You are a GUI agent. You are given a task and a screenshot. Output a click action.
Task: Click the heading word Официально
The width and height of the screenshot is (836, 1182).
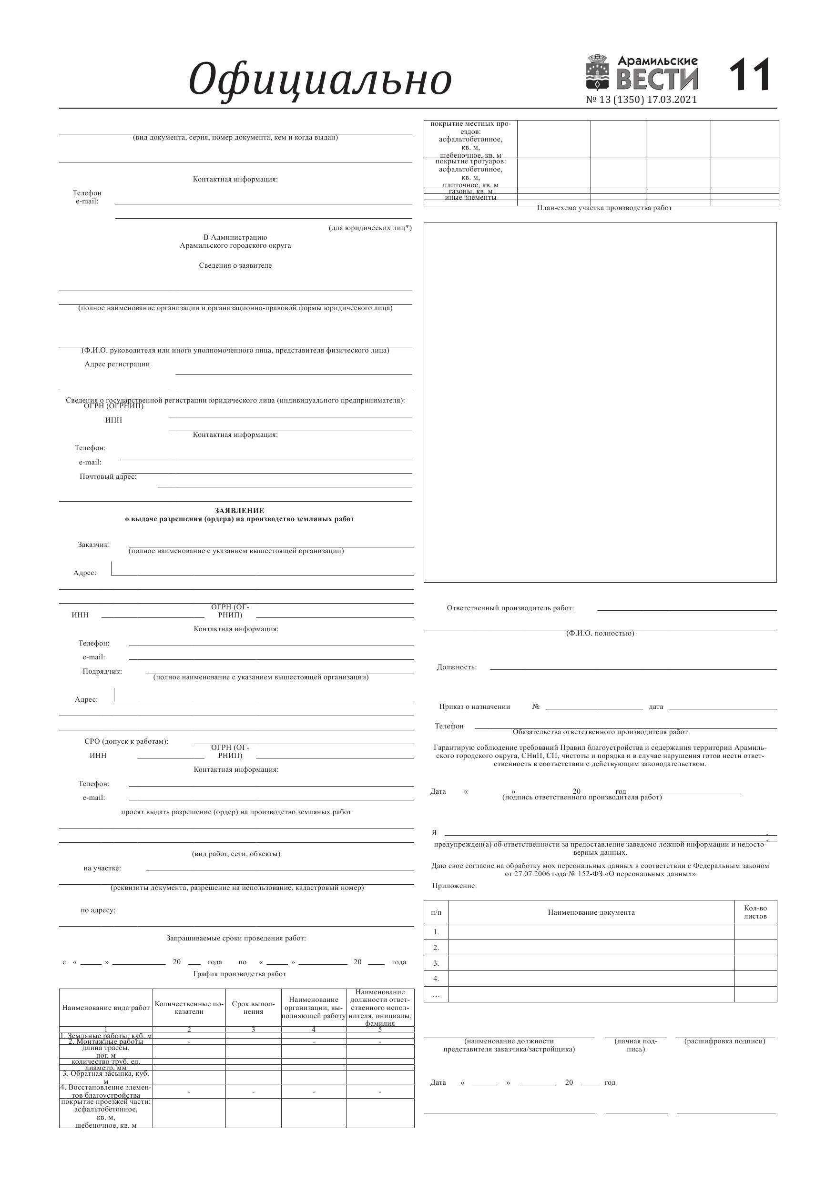click(320, 80)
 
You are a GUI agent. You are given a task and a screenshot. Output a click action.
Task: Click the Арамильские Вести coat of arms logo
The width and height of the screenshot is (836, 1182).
click(598, 73)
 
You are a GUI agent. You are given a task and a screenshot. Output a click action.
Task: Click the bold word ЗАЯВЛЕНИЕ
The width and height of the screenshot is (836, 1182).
click(240, 511)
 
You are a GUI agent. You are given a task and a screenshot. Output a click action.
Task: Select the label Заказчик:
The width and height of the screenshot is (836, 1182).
click(94, 545)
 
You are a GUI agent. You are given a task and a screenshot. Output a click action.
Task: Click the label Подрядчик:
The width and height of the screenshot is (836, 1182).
click(102, 671)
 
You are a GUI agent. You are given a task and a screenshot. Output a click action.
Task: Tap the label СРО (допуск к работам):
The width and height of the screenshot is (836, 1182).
click(126, 741)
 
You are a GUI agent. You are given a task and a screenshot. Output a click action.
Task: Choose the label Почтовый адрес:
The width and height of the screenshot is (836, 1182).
click(108, 477)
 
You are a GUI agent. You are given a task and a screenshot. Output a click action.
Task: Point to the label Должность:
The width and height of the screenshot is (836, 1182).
click(457, 667)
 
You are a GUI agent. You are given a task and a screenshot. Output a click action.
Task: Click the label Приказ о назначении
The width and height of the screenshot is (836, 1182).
click(474, 707)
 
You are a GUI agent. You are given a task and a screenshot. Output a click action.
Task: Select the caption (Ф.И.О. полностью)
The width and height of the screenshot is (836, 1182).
click(600, 633)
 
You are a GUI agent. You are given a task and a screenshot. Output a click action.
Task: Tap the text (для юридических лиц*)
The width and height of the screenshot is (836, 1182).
click(370, 228)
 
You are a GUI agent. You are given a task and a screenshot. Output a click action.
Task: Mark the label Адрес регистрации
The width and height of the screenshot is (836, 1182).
click(117, 364)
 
